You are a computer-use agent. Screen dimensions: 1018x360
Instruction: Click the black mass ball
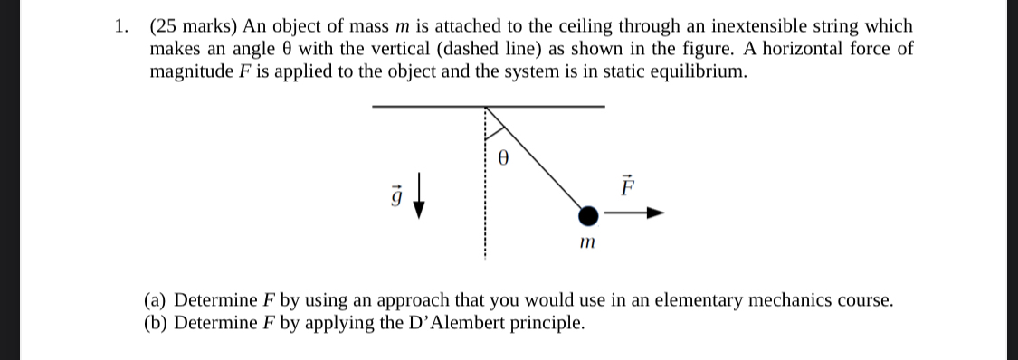(588, 215)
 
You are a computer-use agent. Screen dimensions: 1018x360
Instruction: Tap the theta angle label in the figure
(505, 156)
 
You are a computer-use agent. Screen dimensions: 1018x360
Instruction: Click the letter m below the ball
(587, 242)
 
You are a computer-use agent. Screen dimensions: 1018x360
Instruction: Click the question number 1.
(120, 26)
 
